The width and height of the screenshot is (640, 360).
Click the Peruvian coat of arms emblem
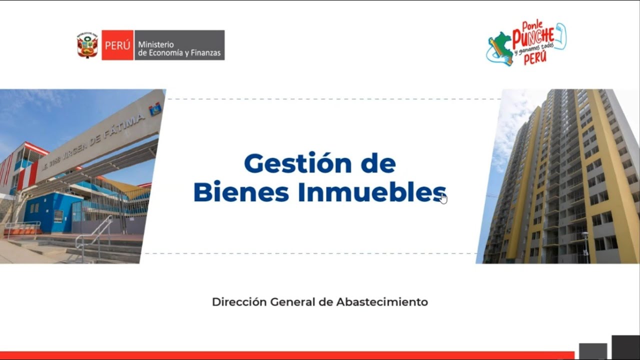tap(87, 45)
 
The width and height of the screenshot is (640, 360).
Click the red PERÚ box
tap(117, 45)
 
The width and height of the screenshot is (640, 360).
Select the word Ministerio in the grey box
tap(156, 44)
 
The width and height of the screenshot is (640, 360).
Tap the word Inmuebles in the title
tap(371, 192)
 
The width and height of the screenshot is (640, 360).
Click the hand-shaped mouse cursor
tap(443, 198)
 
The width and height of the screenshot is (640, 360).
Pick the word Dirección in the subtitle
tap(239, 302)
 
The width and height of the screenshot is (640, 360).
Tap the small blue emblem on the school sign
tap(155, 108)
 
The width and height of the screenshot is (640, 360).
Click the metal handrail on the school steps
tap(95, 235)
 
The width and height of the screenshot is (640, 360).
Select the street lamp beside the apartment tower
tap(585, 245)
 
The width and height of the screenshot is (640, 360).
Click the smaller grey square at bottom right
tap(593, 351)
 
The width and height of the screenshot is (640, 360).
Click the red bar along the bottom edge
tap(285, 355)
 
